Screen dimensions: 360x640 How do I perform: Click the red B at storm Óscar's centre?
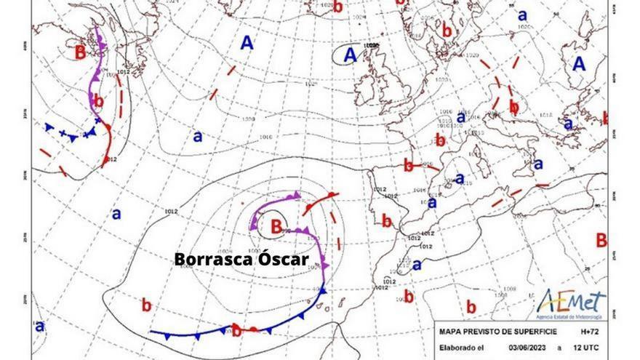click(x=276, y=227)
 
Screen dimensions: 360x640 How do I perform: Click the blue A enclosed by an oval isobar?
click(x=351, y=54)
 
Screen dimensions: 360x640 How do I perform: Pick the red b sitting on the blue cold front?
click(x=236, y=330)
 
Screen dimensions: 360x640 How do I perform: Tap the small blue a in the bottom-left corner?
click(x=40, y=326)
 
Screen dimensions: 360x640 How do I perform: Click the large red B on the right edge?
click(x=601, y=240)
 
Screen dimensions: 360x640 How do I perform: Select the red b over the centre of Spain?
click(x=387, y=220)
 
